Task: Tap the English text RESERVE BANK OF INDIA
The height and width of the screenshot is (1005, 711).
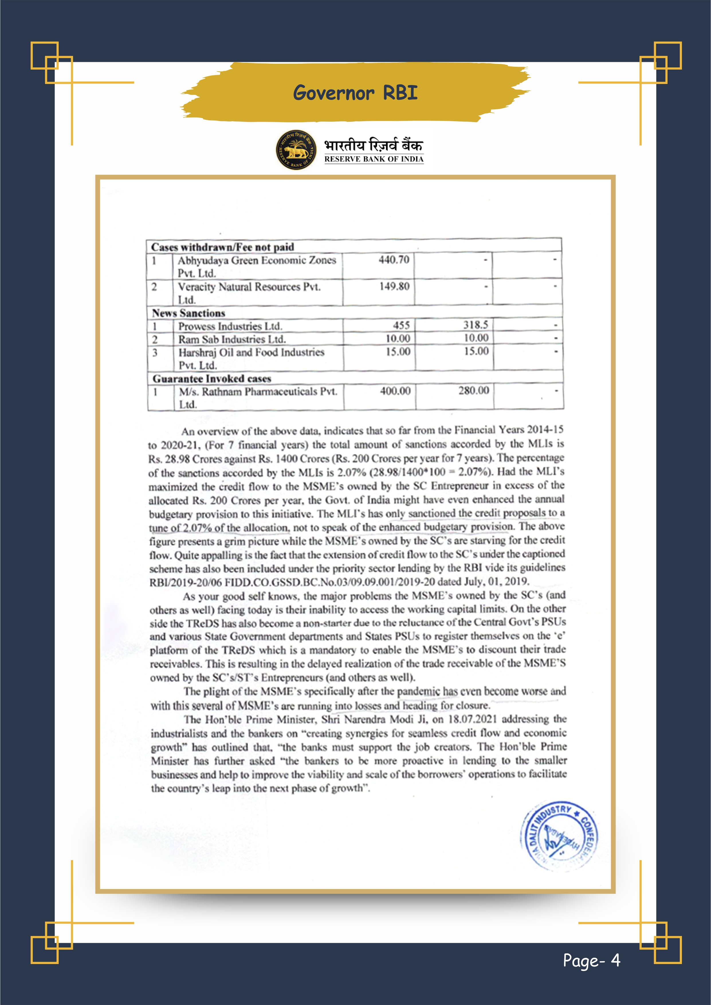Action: pos(374,159)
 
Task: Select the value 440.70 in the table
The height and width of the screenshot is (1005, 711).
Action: pos(394,260)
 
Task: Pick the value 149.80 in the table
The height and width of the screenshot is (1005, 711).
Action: pos(394,287)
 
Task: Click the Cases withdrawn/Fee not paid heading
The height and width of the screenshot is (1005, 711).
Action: pos(222,247)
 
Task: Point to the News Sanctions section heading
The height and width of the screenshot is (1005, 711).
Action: pos(188,313)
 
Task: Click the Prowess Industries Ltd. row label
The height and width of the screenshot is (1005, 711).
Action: pos(230,326)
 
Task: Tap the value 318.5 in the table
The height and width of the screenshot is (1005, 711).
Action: pos(476,325)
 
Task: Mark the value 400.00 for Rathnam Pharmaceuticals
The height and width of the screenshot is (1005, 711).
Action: pos(395,391)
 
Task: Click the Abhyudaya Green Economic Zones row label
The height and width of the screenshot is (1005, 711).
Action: pos(257,260)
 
